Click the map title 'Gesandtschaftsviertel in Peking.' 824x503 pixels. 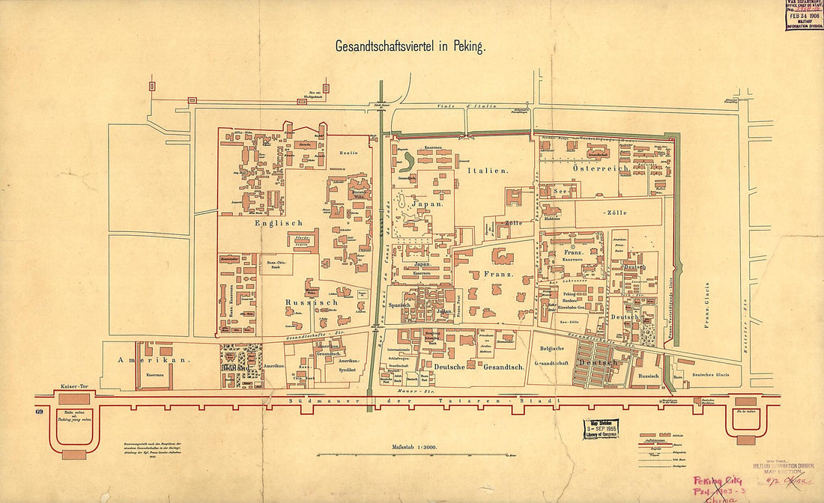pyautogui.click(x=411, y=46)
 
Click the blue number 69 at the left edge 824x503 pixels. pyautogui.click(x=39, y=412)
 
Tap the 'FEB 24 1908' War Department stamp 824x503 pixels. pyautogui.click(x=805, y=15)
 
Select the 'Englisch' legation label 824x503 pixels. pyautogui.click(x=278, y=222)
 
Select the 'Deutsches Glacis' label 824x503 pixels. pyautogui.click(x=710, y=376)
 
